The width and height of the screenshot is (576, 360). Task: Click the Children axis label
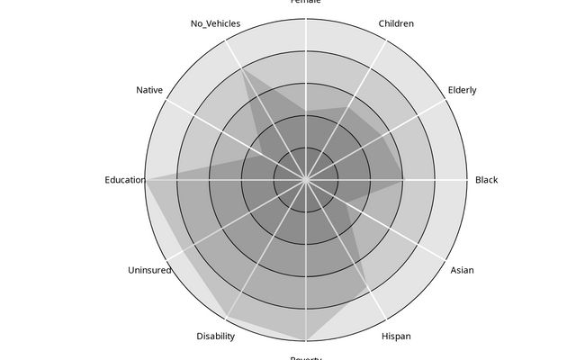pyautogui.click(x=396, y=23)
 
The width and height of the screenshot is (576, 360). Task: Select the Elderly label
pyautogui.click(x=462, y=90)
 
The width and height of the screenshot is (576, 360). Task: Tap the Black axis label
pyautogui.click(x=486, y=180)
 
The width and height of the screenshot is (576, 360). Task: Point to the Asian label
pyautogui.click(x=462, y=270)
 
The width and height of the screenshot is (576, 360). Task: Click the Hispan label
pyautogui.click(x=396, y=337)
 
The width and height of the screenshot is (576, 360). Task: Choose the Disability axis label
pyautogui.click(x=215, y=337)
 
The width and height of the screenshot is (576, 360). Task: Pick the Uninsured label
pyautogui.click(x=149, y=270)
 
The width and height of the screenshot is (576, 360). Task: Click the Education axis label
pyautogui.click(x=124, y=180)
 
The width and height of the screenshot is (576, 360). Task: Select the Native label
pyautogui.click(x=149, y=90)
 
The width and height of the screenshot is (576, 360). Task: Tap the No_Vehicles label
pyautogui.click(x=215, y=23)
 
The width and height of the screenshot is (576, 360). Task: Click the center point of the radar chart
pyautogui.click(x=306, y=180)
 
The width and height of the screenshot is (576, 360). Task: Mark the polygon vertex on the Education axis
pyautogui.click(x=147, y=180)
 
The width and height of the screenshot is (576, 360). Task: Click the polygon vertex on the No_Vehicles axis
pyautogui.click(x=244, y=72)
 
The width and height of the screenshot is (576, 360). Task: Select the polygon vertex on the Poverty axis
pyautogui.click(x=306, y=340)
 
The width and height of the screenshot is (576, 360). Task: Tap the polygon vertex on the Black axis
pyautogui.click(x=404, y=180)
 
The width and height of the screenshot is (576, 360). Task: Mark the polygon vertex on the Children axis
pyautogui.click(x=343, y=108)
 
